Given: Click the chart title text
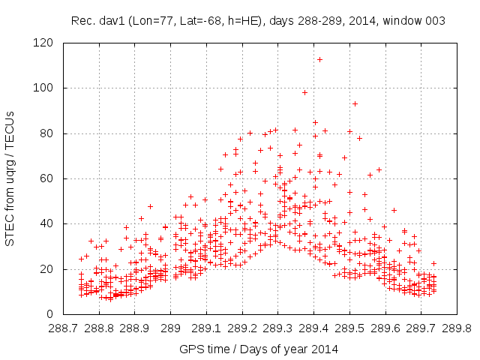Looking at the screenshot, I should pyautogui.click(x=258, y=21).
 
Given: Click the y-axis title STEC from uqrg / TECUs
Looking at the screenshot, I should pyautogui.click(x=10, y=178).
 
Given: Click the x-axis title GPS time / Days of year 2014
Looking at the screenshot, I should pyautogui.click(x=258, y=349).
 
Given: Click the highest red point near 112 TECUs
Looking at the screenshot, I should pyautogui.click(x=319, y=59).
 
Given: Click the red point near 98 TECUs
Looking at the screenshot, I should pyautogui.click(x=304, y=92).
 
